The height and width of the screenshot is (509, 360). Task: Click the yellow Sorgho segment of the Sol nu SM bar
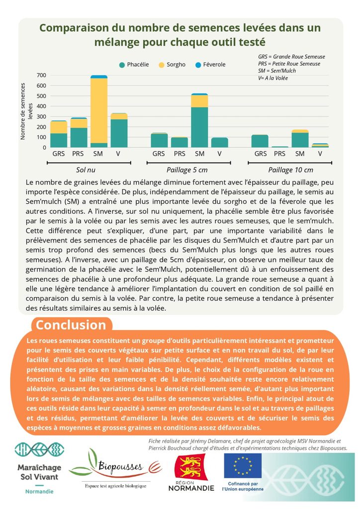[99, 111]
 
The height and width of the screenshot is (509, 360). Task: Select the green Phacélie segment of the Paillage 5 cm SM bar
[199, 127]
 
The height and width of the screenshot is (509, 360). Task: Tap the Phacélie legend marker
[122, 65]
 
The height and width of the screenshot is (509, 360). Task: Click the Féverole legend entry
[210, 65]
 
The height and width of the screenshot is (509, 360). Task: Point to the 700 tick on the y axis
[42, 76]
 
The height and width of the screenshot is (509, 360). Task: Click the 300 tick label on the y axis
[42, 116]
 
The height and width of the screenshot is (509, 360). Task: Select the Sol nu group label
[86, 170]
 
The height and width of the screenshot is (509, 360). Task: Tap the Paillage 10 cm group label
[290, 170]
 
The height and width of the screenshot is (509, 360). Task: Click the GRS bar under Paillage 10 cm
[260, 141]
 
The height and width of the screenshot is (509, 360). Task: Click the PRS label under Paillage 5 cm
[179, 154]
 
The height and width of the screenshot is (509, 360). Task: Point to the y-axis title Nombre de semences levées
[26, 111]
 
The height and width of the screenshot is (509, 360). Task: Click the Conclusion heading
[71, 325]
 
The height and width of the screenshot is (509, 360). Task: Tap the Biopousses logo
[115, 467]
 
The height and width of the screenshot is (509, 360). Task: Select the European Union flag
[243, 466]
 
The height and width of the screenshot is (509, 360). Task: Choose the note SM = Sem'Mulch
[277, 71]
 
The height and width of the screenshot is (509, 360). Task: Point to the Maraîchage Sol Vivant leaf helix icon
[39, 449]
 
